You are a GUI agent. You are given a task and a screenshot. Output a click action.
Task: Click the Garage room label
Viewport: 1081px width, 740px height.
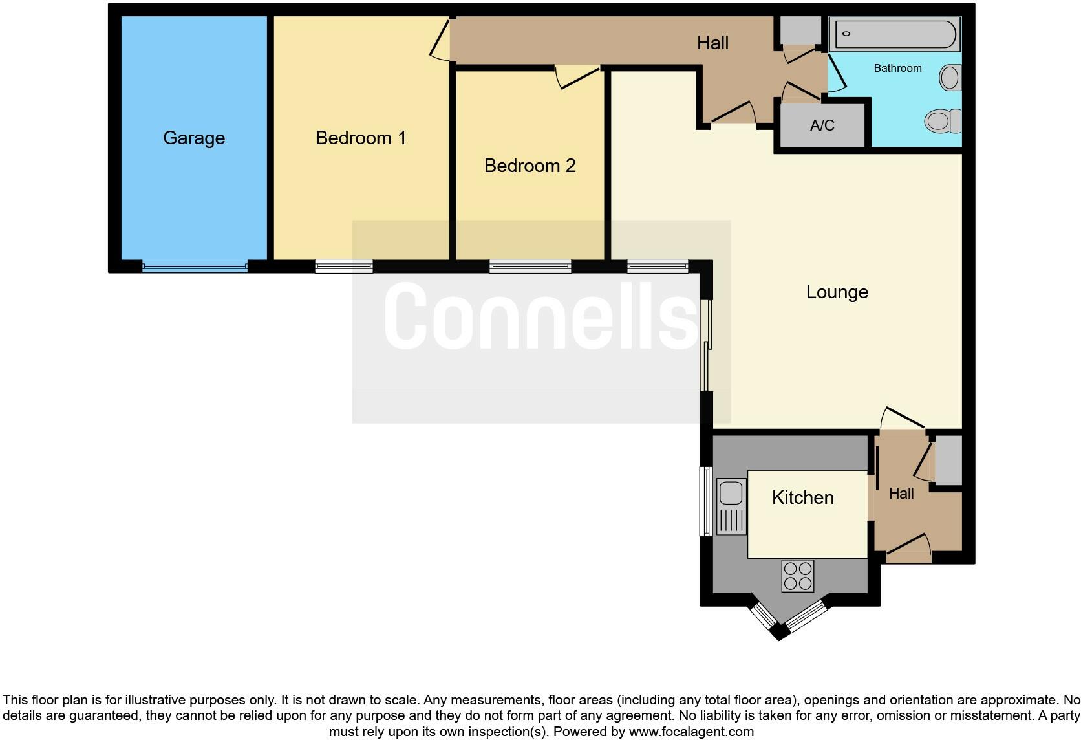coord(194,138)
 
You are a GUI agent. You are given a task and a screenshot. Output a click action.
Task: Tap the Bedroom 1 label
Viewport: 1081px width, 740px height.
coord(361,138)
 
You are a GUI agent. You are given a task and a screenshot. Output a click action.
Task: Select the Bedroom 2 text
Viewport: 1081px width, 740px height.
coord(530,166)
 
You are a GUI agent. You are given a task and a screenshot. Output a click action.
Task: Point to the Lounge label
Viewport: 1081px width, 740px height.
coord(837,292)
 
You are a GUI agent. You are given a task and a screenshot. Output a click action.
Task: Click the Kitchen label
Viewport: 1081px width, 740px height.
coord(803,497)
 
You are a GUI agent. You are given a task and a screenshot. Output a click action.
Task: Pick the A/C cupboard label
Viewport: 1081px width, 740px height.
coord(822,125)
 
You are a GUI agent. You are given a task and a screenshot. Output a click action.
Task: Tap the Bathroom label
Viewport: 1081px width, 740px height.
coord(897,68)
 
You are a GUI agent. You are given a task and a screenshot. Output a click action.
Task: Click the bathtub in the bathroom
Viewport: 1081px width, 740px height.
coord(895,34)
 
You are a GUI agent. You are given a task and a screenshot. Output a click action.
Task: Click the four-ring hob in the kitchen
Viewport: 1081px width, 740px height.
coord(797,576)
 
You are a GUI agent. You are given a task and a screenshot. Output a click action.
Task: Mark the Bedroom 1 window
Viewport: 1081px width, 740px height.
coord(344,266)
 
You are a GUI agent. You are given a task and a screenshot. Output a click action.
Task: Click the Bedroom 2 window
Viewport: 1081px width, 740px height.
coord(530,266)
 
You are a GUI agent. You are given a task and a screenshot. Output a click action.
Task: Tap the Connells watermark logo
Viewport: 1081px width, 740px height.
coord(540,316)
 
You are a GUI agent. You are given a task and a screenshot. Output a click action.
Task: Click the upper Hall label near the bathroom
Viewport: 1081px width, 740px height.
coord(712,43)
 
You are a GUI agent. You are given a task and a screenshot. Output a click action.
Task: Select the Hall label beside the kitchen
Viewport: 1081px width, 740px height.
coord(901,494)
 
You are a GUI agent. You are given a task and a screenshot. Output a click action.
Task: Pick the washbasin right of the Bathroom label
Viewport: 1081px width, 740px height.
coord(950,78)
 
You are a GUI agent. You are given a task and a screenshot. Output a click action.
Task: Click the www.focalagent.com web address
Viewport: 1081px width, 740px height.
coord(691,732)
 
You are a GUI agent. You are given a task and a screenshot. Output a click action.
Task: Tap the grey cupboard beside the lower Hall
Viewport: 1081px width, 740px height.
coord(948,461)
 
